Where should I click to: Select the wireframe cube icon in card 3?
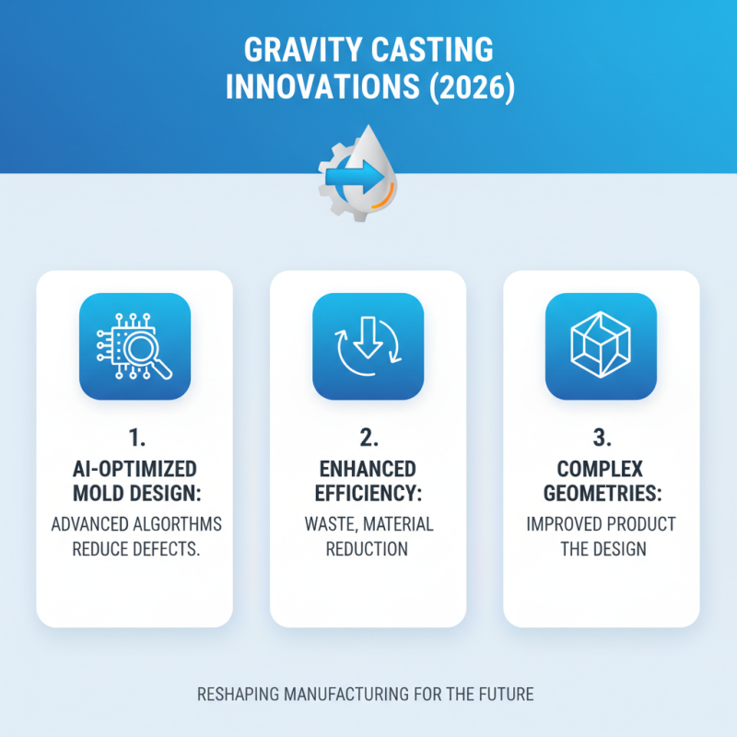coord(601,345)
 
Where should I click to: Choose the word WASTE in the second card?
coord(331,524)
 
